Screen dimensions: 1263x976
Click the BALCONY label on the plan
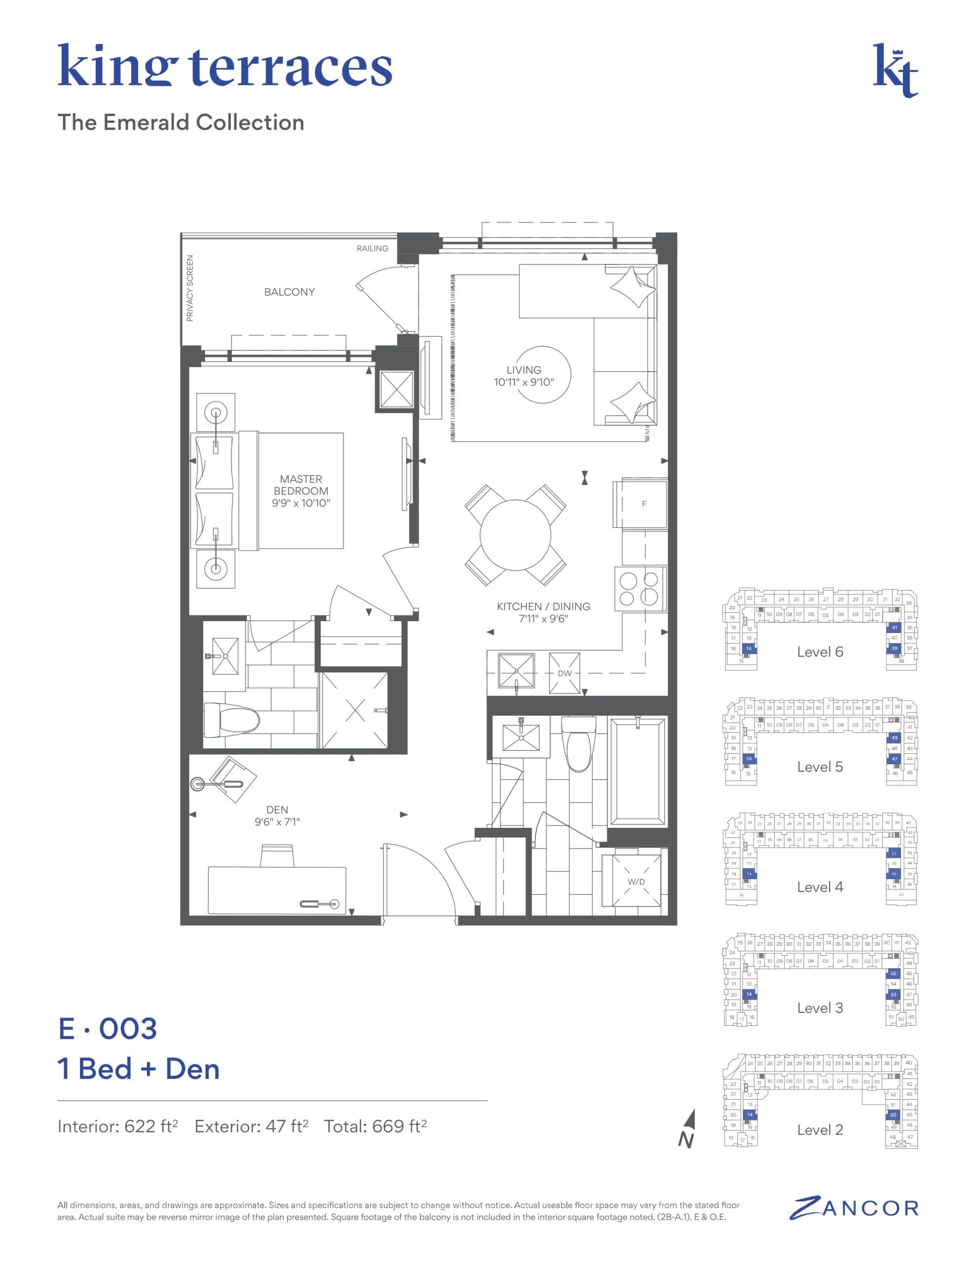pyautogui.click(x=289, y=292)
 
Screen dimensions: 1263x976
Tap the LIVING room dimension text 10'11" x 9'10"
pyautogui.click(x=524, y=382)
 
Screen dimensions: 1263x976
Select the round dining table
pyautogui.click(x=515, y=535)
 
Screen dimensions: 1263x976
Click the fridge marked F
pyautogui.click(x=643, y=504)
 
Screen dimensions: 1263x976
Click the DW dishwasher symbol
pyautogui.click(x=564, y=673)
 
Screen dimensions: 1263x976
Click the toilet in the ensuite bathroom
pyautogui.click(x=231, y=721)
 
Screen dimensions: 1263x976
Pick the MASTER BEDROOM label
pyautogui.click(x=301, y=490)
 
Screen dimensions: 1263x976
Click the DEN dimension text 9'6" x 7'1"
pyautogui.click(x=277, y=822)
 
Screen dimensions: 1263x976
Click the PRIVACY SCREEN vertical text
pyautogui.click(x=190, y=288)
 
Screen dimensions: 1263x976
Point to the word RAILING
pyautogui.click(x=372, y=249)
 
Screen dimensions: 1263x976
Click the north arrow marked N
pyautogui.click(x=688, y=1129)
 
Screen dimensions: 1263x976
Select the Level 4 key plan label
pyautogui.click(x=820, y=887)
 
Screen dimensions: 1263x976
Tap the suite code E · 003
pyautogui.click(x=108, y=1029)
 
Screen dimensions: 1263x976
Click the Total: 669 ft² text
pyautogui.click(x=375, y=1126)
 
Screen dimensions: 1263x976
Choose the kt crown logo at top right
pyautogui.click(x=895, y=70)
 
